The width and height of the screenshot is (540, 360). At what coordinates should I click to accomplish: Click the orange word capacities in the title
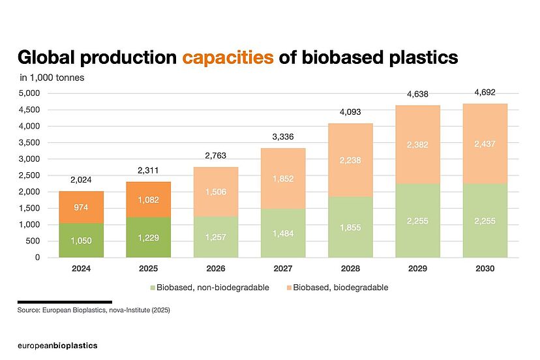pyautogui.click(x=228, y=57)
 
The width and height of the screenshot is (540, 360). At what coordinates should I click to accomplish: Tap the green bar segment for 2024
pyautogui.click(x=81, y=240)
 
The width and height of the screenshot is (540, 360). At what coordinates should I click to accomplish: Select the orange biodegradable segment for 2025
pyautogui.click(x=149, y=199)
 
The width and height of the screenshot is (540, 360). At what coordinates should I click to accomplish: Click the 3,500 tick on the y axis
pyautogui.click(x=30, y=142)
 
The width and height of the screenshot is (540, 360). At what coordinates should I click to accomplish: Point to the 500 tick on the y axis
pyautogui.click(x=34, y=241)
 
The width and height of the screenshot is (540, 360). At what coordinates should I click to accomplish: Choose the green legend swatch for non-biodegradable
pyautogui.click(x=153, y=287)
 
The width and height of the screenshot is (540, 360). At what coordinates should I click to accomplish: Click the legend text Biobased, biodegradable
pyautogui.click(x=341, y=287)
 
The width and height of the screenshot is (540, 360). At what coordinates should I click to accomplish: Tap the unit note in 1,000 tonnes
pyautogui.click(x=52, y=78)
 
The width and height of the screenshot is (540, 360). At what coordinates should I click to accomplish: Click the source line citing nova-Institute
pyautogui.click(x=94, y=311)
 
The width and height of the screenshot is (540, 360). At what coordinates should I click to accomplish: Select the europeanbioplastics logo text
pyautogui.click(x=57, y=345)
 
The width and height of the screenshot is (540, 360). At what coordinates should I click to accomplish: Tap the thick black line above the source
pyautogui.click(x=65, y=302)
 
